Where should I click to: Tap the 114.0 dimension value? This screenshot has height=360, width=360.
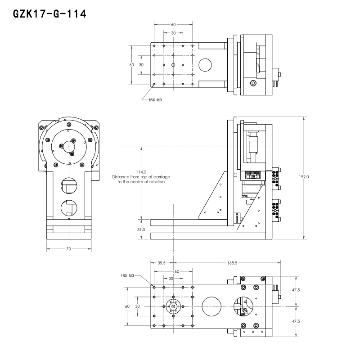[141, 172]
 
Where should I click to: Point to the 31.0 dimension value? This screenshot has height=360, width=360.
[141, 229]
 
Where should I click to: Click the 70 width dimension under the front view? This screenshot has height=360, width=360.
[68, 248]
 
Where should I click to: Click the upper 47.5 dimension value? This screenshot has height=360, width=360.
[296, 290]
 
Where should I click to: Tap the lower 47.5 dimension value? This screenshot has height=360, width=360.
[296, 321]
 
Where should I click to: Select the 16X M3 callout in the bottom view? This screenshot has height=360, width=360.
[127, 275]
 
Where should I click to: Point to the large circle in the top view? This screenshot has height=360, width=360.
[206, 65]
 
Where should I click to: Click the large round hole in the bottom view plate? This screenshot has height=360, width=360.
[212, 306]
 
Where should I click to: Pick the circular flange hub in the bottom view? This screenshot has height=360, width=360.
[173, 306]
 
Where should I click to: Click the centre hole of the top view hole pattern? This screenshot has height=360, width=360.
[173, 65]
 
